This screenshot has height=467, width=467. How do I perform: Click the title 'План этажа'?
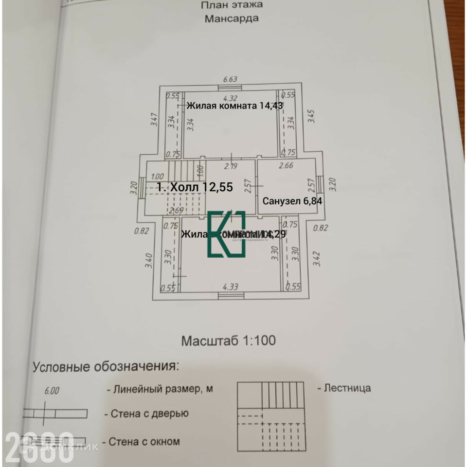(232, 5)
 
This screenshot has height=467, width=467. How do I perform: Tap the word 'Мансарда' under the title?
(232, 19)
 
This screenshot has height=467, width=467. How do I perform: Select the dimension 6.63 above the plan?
(230, 79)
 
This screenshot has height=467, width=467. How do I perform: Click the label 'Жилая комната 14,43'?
(235, 105)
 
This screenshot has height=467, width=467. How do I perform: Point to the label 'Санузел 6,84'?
(293, 200)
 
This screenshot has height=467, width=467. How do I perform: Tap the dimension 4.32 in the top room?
(230, 97)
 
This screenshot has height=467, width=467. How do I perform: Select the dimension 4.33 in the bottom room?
(230, 287)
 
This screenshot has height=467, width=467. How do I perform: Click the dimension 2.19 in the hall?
(230, 166)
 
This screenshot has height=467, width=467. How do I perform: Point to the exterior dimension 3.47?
(154, 120)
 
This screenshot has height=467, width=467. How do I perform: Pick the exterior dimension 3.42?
(317, 258)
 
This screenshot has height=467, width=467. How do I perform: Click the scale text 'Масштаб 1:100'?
(229, 341)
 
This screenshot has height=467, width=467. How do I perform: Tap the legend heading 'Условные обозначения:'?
(106, 366)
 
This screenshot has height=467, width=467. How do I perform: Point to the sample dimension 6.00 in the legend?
(52, 391)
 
